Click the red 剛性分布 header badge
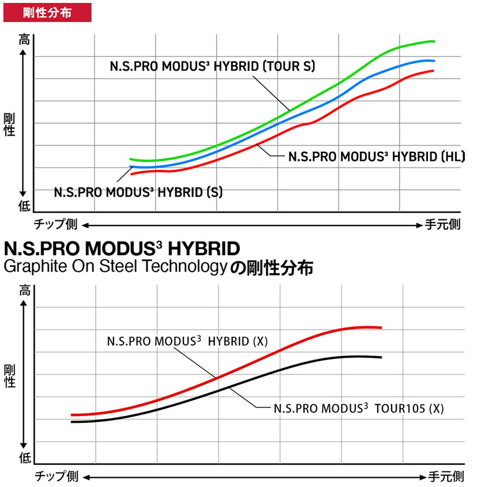pyautogui.click(x=47, y=13)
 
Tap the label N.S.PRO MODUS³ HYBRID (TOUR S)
pyautogui.click(x=212, y=66)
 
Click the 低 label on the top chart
pyautogui.click(x=24, y=206)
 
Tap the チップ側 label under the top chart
pyautogui.click(x=55, y=225)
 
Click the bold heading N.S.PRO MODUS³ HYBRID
pyautogui.click(x=122, y=249)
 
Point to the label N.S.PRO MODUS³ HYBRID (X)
pyautogui.click(x=187, y=341)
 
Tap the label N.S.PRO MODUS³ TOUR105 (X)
pyautogui.click(x=358, y=409)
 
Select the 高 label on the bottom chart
pyautogui.click(x=24, y=292)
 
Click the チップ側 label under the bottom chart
pyautogui.click(x=55, y=475)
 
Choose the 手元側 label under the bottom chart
pyautogui.click(x=446, y=475)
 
